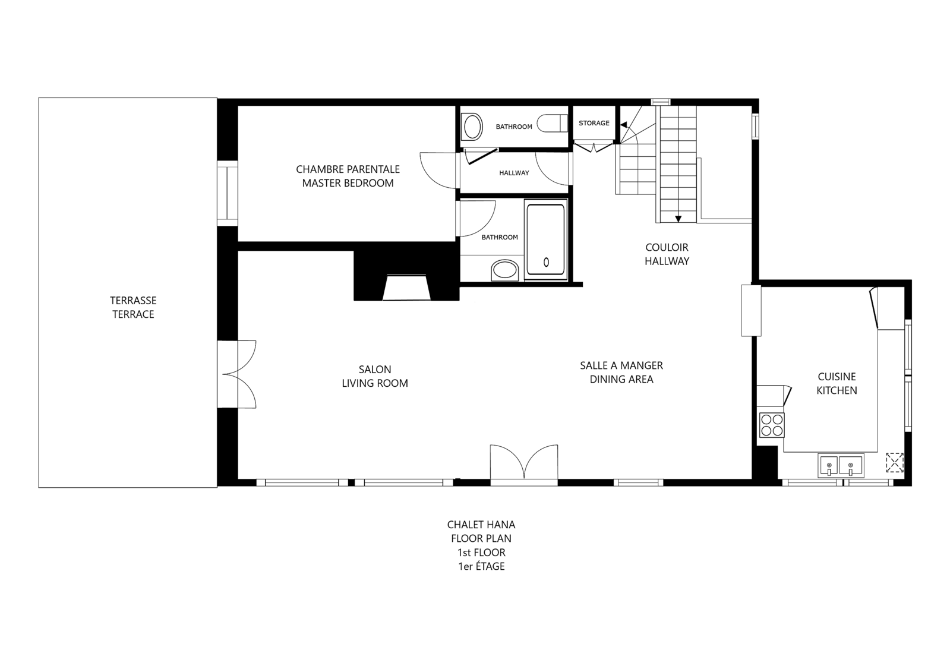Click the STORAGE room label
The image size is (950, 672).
coord(594,123)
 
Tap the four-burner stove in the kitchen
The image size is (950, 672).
coord(771,425)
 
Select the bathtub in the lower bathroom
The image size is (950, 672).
coord(546,239)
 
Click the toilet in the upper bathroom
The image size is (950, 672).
coord(552,124)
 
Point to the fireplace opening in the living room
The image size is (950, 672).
coord(406,288)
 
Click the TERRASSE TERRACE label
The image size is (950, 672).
coord(133,308)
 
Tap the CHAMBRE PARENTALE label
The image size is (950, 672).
coord(348,169)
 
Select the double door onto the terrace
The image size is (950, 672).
coord(237,374)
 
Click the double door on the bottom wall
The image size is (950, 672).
coord(524,465)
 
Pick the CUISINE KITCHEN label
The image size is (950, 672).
coord(837,383)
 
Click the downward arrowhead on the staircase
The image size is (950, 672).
coord(678,219)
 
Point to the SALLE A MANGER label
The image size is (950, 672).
coord(621,365)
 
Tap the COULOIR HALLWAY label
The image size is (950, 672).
coord(667,254)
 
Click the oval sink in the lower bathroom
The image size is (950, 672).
coord(504,270)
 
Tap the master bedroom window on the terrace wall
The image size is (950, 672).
coord(228,193)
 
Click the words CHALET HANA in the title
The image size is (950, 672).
coord(481,525)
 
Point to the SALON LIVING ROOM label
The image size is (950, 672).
coord(375,376)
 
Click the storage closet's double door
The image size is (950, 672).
coord(594,147)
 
